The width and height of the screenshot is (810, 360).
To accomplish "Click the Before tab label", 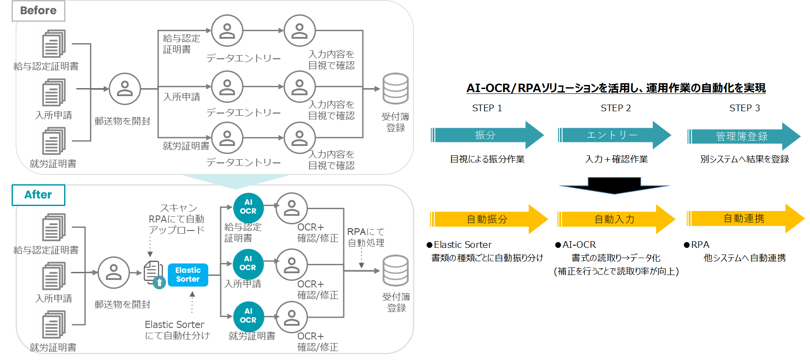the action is click(x=38, y=11).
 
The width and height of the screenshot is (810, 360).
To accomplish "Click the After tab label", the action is click(x=38, y=195).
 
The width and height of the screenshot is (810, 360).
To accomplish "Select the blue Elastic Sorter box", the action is click(x=188, y=275).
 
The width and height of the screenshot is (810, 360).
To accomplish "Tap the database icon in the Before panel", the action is click(x=395, y=89).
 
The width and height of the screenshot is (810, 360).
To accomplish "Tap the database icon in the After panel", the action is click(x=395, y=271).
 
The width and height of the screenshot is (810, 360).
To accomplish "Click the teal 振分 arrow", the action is click(x=487, y=135).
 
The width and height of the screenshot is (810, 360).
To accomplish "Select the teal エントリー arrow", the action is click(x=614, y=135).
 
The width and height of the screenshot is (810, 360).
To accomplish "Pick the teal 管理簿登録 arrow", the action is click(x=743, y=137).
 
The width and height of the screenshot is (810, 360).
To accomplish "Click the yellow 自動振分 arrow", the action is click(x=489, y=219).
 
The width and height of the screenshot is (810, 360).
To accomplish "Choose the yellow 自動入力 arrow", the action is click(x=616, y=219).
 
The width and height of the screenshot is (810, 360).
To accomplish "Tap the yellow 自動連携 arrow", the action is click(x=745, y=218).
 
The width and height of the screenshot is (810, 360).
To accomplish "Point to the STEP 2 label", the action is click(x=616, y=108).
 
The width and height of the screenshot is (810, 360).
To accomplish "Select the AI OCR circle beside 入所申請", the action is click(x=248, y=263).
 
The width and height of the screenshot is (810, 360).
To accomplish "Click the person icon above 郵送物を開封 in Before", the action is click(x=125, y=89).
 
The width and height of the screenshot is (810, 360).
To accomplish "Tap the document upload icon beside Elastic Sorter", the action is click(x=154, y=275).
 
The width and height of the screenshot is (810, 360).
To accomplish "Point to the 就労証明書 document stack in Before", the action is click(x=54, y=141).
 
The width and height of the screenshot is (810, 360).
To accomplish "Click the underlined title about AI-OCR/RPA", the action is click(x=616, y=88).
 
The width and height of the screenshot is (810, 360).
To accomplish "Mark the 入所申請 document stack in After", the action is click(x=54, y=276).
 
